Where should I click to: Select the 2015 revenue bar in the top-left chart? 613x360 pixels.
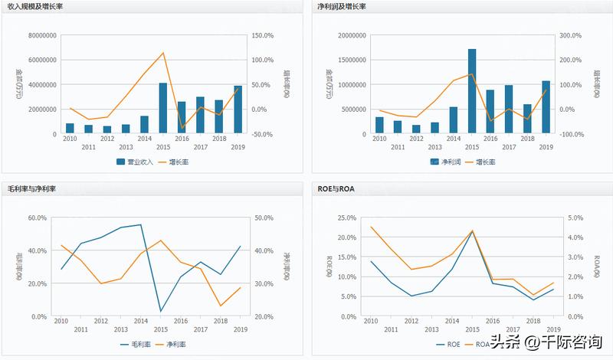(x=163, y=108)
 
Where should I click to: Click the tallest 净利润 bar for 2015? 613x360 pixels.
(x=472, y=91)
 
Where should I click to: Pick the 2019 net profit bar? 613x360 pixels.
(x=546, y=107)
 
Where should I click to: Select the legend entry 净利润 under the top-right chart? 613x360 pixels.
(x=446, y=162)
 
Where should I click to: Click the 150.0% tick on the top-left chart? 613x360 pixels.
(x=263, y=36)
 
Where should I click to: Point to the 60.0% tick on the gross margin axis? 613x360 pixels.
(x=38, y=218)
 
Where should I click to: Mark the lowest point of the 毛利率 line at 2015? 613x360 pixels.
(x=161, y=312)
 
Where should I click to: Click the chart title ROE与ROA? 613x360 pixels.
(x=336, y=188)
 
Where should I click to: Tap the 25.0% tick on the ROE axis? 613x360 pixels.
(x=347, y=218)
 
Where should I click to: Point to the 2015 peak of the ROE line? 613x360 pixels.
(x=472, y=231)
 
